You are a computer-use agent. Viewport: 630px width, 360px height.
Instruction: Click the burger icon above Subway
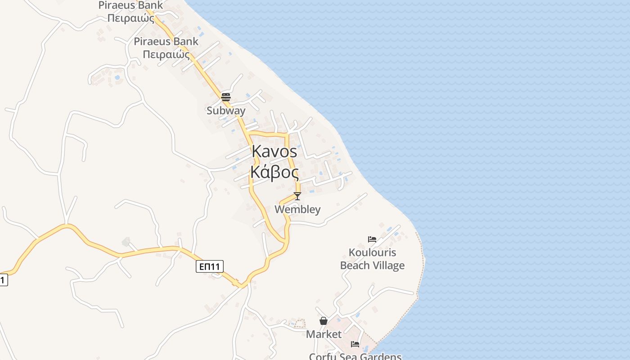click(226, 97)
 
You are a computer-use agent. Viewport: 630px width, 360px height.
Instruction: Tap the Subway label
click(226, 110)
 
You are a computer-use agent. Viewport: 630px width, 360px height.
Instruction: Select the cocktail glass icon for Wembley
click(297, 196)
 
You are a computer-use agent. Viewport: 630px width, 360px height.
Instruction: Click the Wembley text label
click(297, 209)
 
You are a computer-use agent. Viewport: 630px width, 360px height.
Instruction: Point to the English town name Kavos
click(274, 152)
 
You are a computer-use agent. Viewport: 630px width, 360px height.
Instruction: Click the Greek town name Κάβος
click(274, 172)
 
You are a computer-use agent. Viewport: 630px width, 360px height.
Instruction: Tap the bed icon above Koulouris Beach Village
click(372, 239)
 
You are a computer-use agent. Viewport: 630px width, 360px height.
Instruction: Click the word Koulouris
click(372, 252)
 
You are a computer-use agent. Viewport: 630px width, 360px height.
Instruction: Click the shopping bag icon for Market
click(324, 321)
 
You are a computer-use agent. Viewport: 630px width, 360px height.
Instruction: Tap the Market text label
click(324, 334)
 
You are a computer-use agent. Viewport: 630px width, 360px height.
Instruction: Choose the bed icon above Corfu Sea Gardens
click(355, 344)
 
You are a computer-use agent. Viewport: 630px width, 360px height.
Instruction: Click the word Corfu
click(324, 357)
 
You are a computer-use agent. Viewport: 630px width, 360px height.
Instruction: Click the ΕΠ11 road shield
click(210, 266)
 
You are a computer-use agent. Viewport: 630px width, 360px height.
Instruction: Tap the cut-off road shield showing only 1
click(3, 280)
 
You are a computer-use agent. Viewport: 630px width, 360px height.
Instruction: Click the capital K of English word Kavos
click(257, 152)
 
